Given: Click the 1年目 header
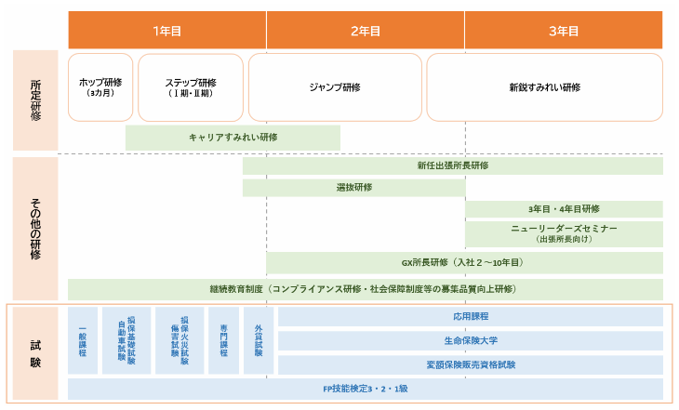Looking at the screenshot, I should [x=167, y=31].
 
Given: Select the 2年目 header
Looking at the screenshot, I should [x=366, y=31].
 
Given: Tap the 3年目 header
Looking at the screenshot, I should [x=564, y=31].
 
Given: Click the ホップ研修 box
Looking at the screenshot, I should [x=100, y=87].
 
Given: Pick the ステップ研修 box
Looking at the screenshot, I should [x=191, y=87].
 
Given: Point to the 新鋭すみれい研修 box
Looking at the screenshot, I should [x=544, y=87].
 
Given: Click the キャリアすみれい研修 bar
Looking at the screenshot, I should [x=233, y=138].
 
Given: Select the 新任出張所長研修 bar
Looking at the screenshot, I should [x=453, y=165].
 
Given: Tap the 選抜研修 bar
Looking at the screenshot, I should [x=353, y=188].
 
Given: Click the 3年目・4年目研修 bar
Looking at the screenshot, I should [x=564, y=209].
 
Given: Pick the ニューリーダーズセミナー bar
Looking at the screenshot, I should [x=564, y=233].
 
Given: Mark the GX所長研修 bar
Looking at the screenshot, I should [x=464, y=262].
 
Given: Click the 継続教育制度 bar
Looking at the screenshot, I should [x=365, y=289].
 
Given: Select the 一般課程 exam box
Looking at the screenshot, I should [x=83, y=340].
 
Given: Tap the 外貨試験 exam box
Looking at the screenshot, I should [x=258, y=340].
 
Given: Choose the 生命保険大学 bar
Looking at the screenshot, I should [x=470, y=340].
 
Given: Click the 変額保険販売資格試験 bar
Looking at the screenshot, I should [x=470, y=364].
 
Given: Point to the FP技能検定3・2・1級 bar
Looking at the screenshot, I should [x=365, y=389].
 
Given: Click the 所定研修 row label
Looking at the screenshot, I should [x=35, y=100].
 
